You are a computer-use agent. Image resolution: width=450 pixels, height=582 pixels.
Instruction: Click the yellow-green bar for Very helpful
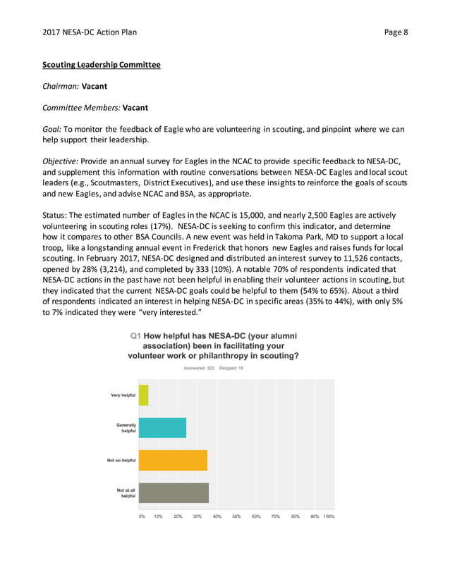click(x=144, y=395)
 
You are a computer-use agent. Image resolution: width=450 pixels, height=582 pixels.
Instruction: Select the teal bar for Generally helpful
click(x=162, y=428)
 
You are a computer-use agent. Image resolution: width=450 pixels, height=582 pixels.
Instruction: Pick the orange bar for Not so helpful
click(x=173, y=460)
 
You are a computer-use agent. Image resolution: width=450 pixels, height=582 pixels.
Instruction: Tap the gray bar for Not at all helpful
click(x=174, y=493)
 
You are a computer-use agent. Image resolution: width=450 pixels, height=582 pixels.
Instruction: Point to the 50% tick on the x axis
click(x=237, y=516)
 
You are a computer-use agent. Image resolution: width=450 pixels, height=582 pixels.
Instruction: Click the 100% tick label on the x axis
click(x=329, y=516)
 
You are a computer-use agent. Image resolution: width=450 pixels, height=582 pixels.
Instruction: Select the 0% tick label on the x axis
click(x=141, y=516)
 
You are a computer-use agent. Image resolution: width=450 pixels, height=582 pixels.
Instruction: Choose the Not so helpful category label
click(x=121, y=460)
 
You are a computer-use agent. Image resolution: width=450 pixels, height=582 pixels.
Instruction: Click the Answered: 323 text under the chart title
click(x=199, y=368)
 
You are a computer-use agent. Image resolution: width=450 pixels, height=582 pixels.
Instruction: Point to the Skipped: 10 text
click(x=231, y=368)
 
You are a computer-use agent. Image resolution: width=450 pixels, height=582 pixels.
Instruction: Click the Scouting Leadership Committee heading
click(x=102, y=65)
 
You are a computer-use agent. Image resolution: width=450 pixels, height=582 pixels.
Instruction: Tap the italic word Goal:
click(x=53, y=129)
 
